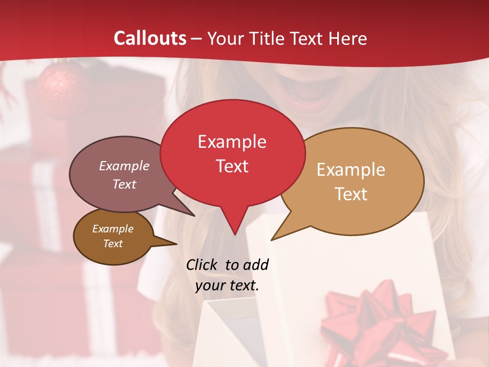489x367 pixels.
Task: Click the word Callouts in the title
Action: [x=150, y=38]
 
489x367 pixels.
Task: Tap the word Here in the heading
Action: [x=348, y=38]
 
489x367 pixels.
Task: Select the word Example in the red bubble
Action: [x=232, y=142]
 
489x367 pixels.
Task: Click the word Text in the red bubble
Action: [x=232, y=166]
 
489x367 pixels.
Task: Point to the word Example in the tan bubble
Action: [x=351, y=170]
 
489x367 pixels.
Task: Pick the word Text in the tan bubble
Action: [x=351, y=194]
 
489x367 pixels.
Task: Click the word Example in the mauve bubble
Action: [x=124, y=166]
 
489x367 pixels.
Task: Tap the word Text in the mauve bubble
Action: [x=124, y=184]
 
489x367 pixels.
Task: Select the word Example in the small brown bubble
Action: [x=113, y=229]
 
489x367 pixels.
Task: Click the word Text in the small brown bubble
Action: [x=113, y=244]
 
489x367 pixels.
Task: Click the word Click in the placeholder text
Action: [x=202, y=265]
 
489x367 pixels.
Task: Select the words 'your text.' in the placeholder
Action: [x=227, y=285]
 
